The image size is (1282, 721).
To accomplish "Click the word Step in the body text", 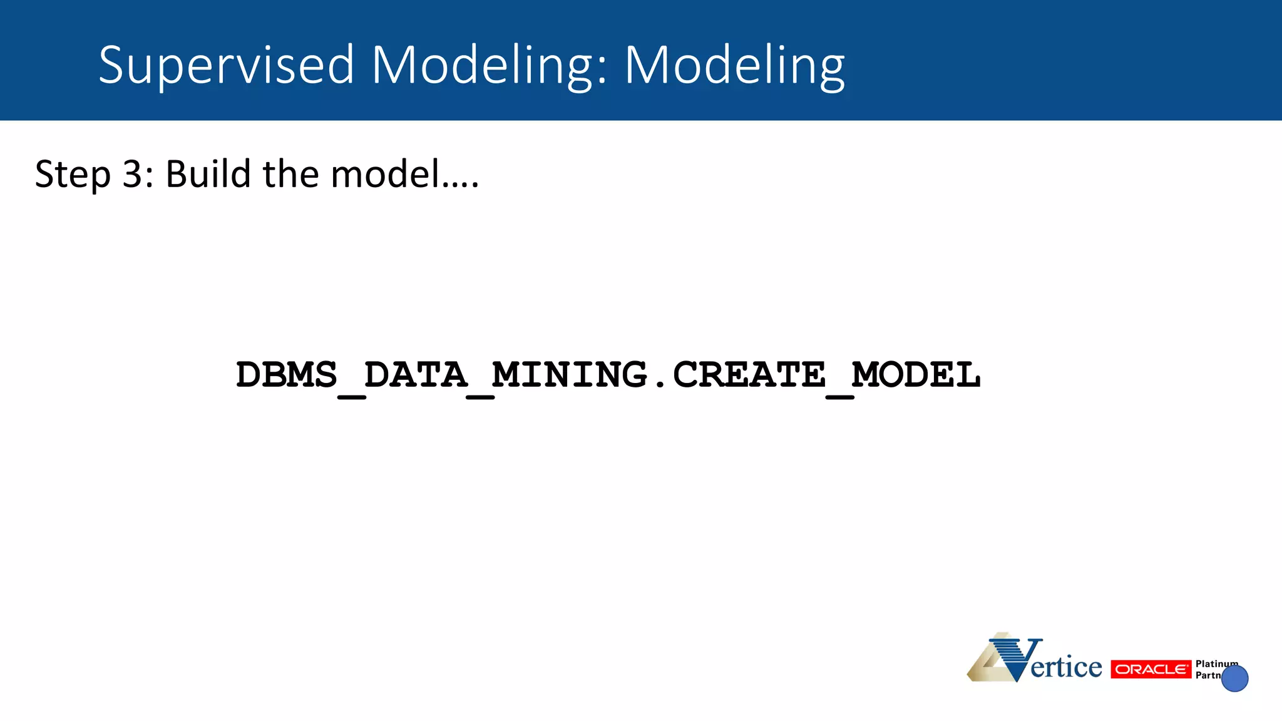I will pos(73,175).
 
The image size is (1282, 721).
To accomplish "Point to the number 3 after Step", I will pos(133,174).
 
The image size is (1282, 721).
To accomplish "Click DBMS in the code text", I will pos(286,376).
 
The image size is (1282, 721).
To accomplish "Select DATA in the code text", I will pos(416,376).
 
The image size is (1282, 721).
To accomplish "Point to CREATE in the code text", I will pos(749,376).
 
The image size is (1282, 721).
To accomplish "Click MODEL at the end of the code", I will pos(916,376).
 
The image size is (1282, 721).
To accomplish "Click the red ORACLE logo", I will pos(1151,669).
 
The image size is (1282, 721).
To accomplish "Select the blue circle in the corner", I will pos(1234,678).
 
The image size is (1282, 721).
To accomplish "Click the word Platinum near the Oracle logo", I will pos(1216,663).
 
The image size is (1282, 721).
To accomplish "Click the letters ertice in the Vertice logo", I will pos(1066,667).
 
